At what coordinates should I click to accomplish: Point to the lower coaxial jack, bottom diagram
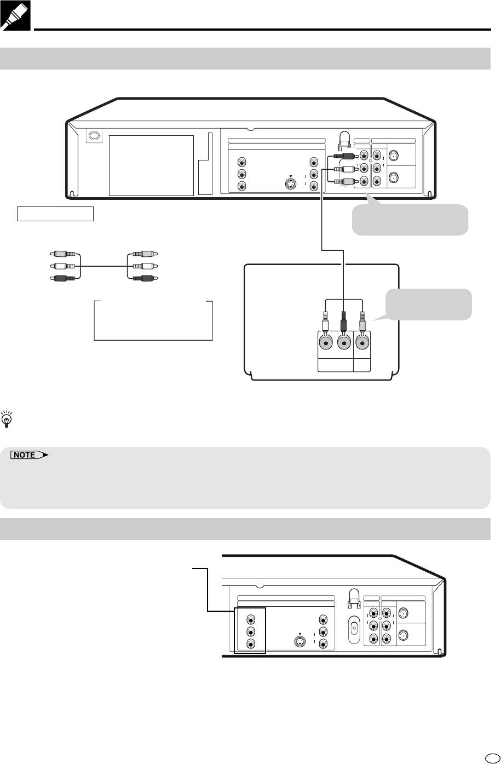404,636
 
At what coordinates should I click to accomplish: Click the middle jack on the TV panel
343,343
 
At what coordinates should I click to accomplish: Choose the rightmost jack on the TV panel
361,343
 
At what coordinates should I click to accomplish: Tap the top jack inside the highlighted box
250,620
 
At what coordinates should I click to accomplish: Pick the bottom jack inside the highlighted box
250,644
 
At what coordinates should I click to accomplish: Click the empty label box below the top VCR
55,214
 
